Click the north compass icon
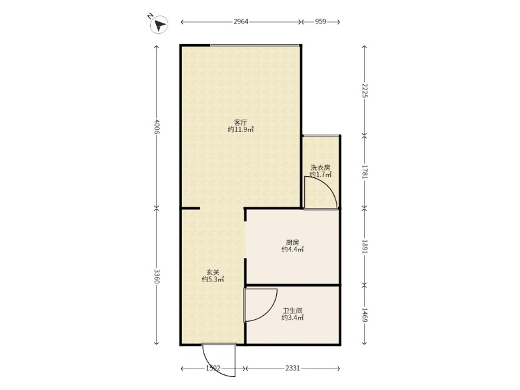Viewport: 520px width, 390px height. (x=159, y=24)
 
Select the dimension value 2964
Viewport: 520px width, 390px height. (x=240, y=22)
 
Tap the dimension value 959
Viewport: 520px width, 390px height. (x=320, y=22)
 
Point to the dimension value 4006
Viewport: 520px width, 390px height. (x=157, y=126)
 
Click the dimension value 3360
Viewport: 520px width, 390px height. (x=157, y=276)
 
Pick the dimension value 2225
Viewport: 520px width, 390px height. (x=365, y=90)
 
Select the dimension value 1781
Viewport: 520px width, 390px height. (x=365, y=172)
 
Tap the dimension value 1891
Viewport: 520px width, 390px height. (x=365, y=247)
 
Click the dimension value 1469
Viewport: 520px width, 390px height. (x=365, y=315)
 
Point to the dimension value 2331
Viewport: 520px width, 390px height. (x=292, y=368)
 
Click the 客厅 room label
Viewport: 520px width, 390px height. (x=240, y=123)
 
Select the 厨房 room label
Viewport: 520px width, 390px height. (x=292, y=242)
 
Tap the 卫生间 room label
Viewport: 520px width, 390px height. (x=292, y=311)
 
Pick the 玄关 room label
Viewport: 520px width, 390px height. (x=213, y=272)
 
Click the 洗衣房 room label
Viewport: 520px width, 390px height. (x=320, y=168)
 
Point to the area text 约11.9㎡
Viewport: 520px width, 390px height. (x=240, y=129)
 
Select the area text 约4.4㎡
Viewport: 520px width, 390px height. (x=292, y=250)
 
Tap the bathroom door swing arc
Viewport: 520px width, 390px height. (x=269, y=312)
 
